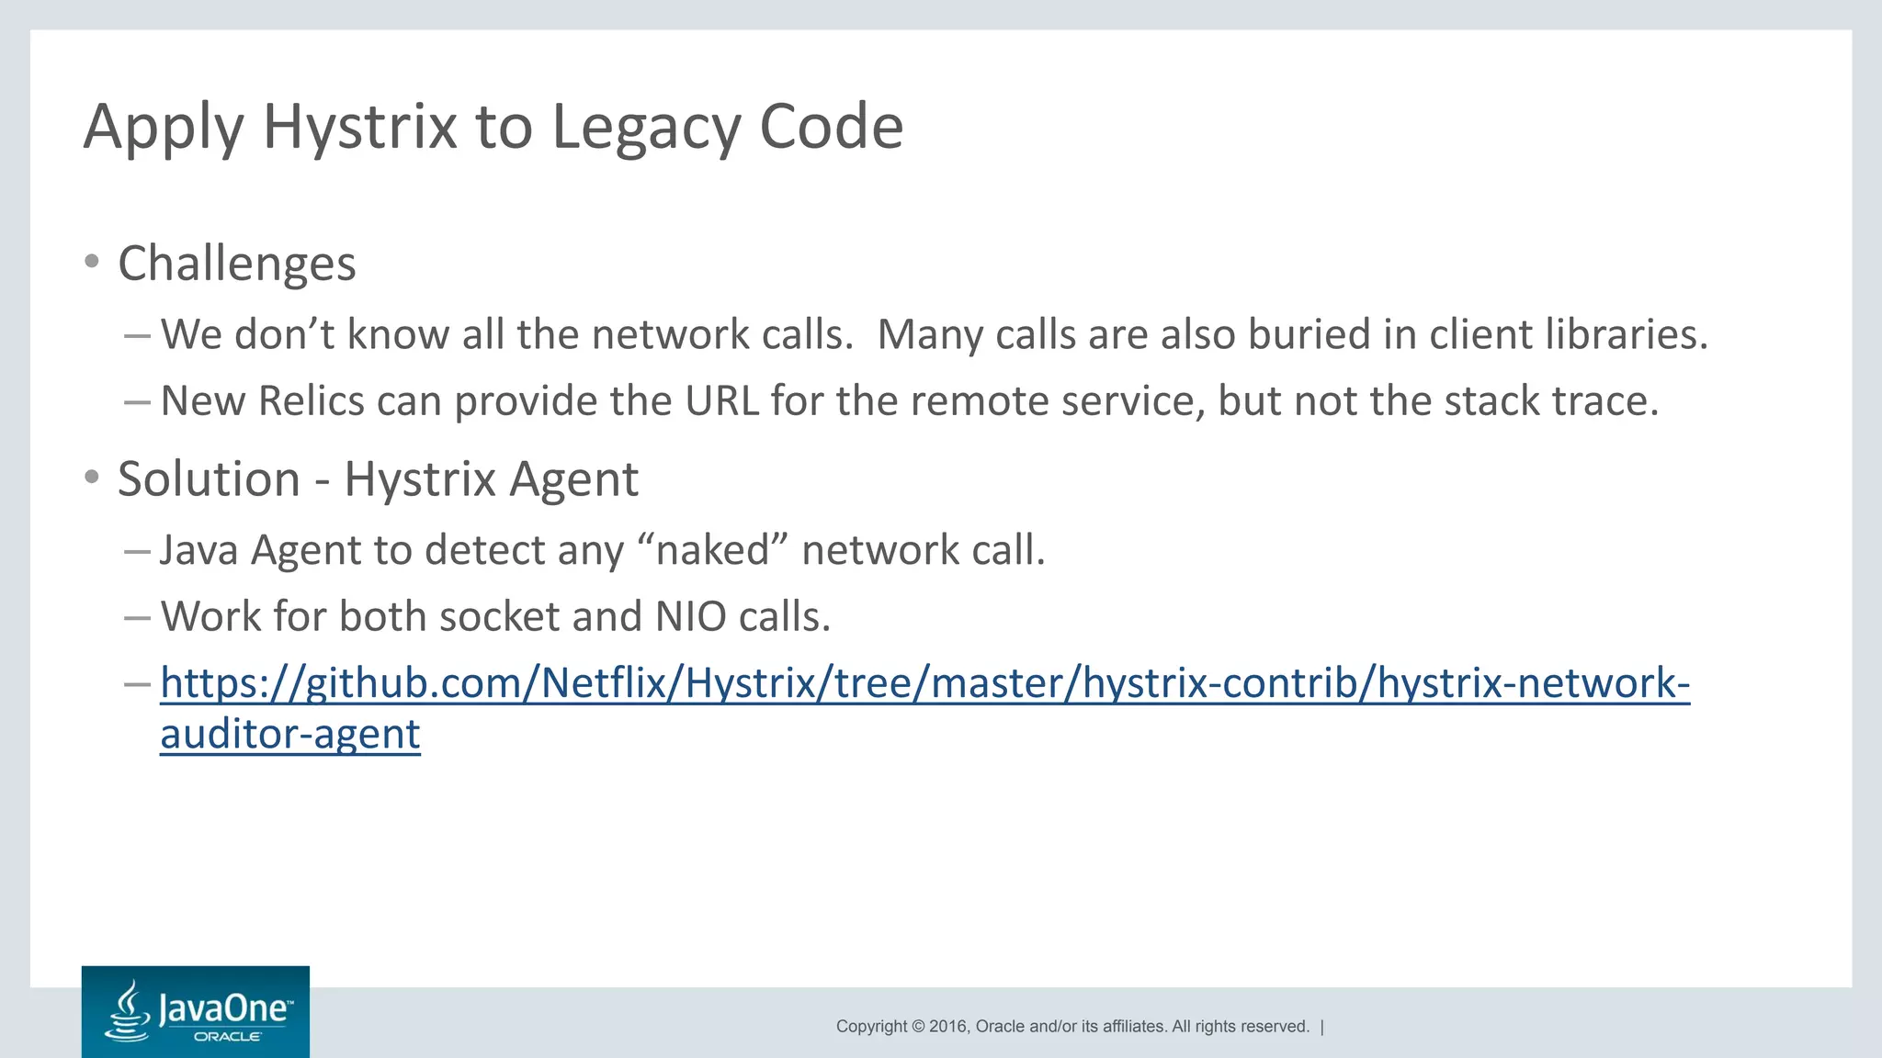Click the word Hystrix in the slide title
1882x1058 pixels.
[359, 127]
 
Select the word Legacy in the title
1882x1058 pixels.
[646, 127]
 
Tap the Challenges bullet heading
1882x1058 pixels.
[236, 264]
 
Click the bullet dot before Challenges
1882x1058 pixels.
[91, 262]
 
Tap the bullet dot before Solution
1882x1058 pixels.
[91, 477]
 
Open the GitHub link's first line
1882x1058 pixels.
[924, 683]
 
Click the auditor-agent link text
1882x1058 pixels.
[290, 735]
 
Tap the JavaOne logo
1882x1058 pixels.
[196, 1011]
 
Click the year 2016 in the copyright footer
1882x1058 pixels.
[947, 1027]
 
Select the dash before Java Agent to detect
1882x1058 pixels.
[136, 551]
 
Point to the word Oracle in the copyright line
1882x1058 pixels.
[999, 1027]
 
